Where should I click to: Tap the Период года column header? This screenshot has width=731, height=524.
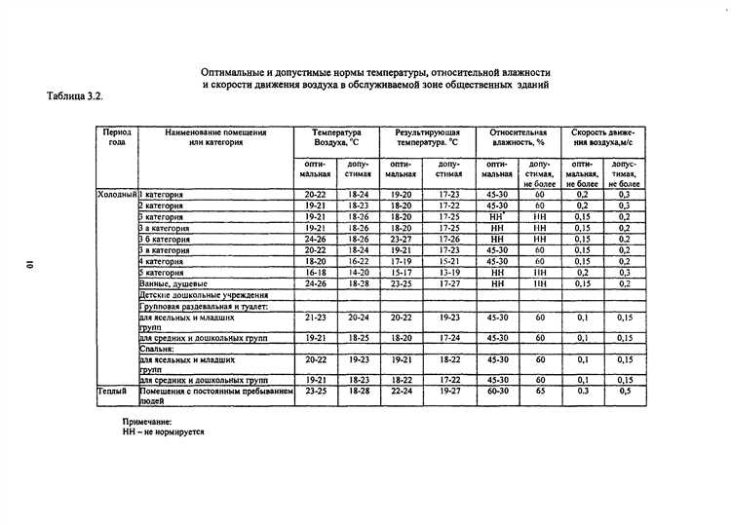coord(117,136)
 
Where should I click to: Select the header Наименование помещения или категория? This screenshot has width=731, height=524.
coord(216,136)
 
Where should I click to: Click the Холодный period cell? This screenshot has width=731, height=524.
coord(117,195)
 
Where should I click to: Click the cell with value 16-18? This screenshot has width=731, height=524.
coord(315,273)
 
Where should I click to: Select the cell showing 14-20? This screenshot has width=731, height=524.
coord(359,273)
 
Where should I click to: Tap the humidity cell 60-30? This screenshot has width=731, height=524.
coord(497,390)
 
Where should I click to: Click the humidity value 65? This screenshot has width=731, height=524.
coord(539,390)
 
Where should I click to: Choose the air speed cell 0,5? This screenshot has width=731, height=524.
coord(624,390)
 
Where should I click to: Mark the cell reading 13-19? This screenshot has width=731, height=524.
coord(448,273)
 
